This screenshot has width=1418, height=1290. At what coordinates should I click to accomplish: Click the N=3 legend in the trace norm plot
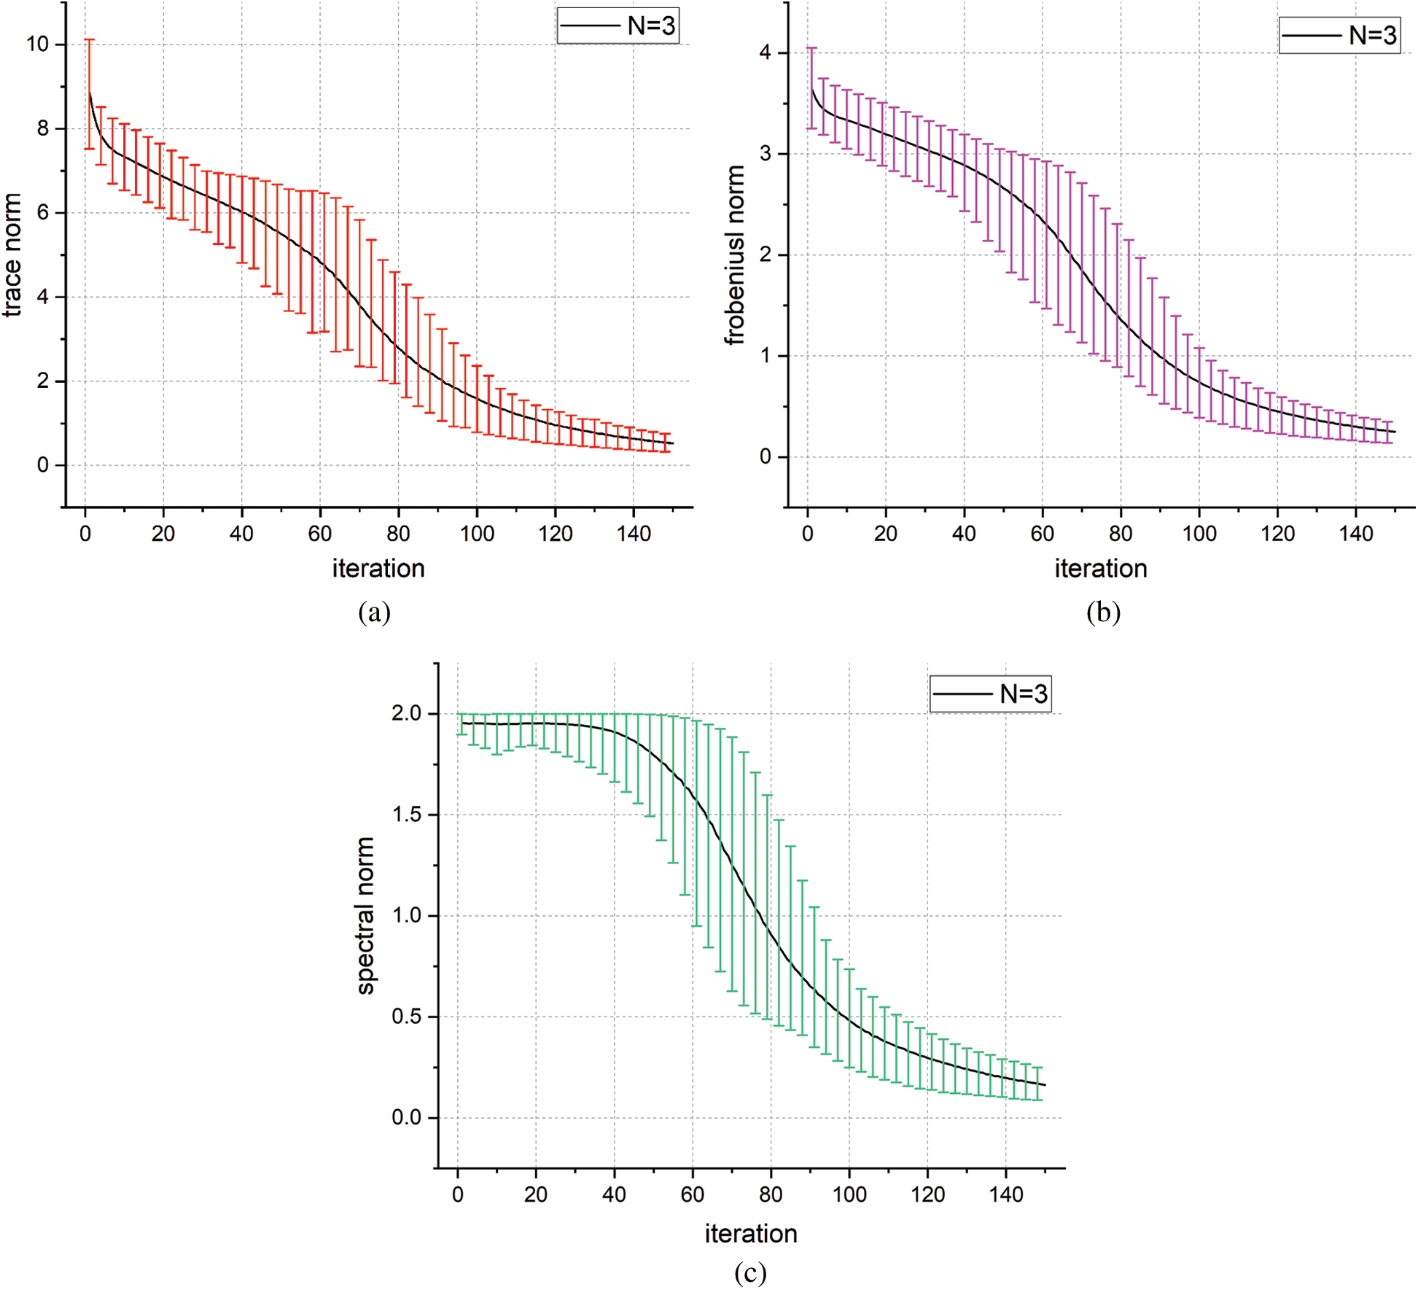point(618,26)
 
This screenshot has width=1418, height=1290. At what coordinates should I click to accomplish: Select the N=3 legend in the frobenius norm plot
point(1340,35)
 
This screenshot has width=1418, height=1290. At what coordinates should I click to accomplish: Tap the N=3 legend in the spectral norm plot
point(990,693)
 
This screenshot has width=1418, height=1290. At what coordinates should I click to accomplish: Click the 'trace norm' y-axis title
point(12,255)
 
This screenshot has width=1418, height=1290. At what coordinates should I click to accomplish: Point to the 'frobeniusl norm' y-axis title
point(735,255)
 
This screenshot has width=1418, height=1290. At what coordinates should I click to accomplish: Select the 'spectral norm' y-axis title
point(365,915)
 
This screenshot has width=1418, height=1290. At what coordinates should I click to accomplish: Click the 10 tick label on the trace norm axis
point(38,44)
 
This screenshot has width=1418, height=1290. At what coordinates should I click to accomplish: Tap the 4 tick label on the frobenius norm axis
point(765,53)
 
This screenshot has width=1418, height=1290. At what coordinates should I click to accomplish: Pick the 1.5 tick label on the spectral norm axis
point(407,815)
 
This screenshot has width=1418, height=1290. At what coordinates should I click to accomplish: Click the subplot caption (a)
point(375,612)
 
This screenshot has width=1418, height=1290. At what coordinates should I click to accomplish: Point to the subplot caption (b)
point(1103,612)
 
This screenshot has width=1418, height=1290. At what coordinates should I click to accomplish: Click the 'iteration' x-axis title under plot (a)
point(378,568)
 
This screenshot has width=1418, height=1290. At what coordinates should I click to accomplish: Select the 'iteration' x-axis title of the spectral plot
point(750,1233)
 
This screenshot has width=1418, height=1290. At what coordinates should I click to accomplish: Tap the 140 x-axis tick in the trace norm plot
point(634,534)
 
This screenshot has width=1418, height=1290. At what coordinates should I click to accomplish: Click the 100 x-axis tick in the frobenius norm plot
point(1199,534)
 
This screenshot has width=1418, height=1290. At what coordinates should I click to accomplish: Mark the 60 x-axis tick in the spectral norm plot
point(693,1194)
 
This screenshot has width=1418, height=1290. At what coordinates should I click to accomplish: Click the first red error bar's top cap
point(89,39)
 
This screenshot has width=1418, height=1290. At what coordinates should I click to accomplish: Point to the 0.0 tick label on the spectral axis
point(407,1117)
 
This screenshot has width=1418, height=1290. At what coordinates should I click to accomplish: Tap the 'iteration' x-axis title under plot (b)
point(1101,568)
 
